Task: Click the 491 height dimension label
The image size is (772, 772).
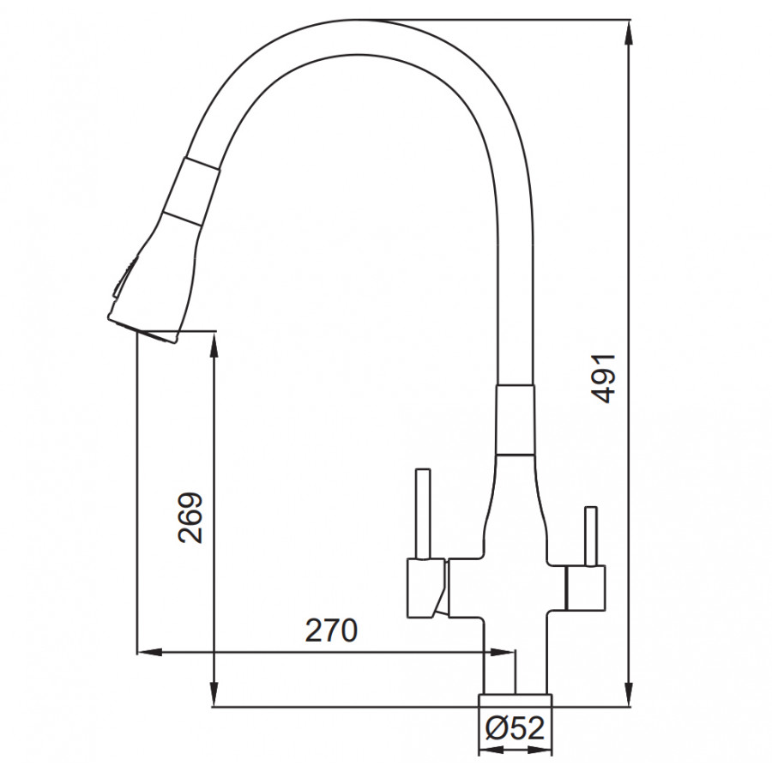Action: click(x=604, y=378)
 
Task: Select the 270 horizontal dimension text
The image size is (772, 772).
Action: click(x=331, y=630)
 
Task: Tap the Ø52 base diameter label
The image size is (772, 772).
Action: click(x=515, y=727)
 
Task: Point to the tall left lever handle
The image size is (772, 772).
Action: click(x=423, y=514)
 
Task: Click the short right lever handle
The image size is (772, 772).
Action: click(x=590, y=536)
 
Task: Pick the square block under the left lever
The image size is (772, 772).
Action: click(x=425, y=588)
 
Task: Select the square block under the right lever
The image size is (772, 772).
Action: click(x=586, y=588)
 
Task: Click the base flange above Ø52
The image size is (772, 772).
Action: click(x=515, y=700)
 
